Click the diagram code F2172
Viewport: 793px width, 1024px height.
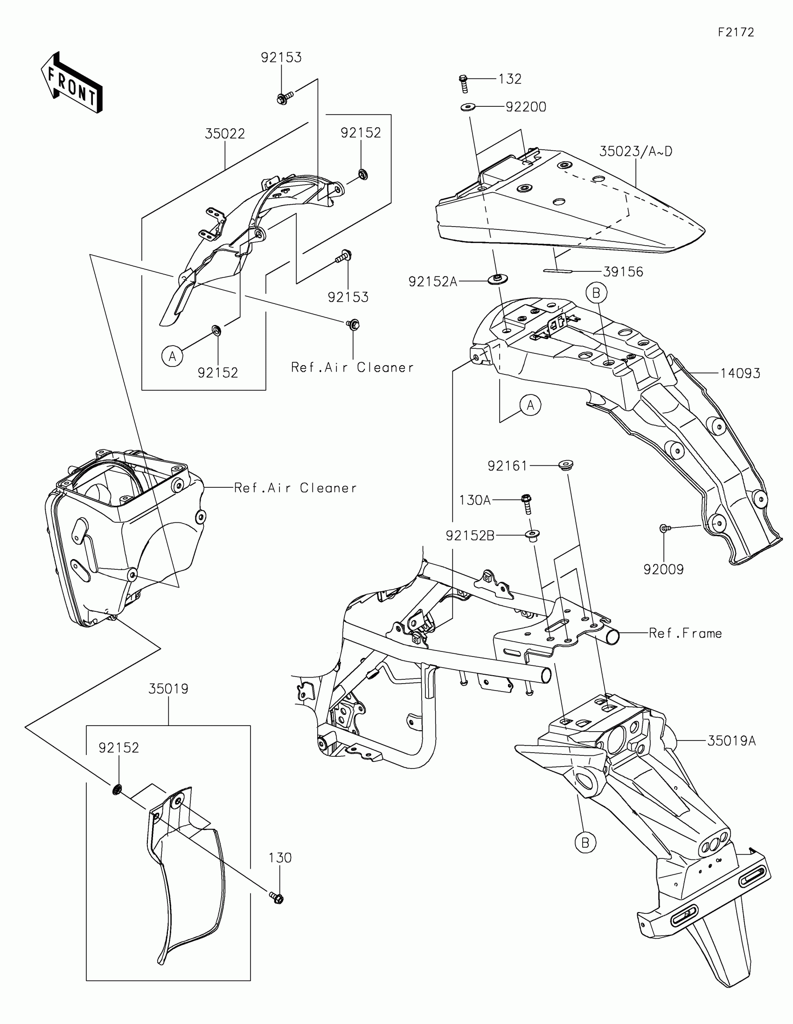736,32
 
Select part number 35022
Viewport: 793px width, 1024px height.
225,134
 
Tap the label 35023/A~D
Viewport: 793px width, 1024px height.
635,152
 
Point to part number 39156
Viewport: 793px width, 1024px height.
623,272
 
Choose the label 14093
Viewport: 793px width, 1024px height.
740,374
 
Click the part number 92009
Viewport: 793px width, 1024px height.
663,570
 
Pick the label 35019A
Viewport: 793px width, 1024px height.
731,741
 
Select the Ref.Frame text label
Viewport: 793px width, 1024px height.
685,633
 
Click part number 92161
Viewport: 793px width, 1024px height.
508,466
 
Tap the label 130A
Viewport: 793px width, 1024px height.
474,500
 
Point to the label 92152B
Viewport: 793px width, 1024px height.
470,535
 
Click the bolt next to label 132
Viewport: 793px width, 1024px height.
463,83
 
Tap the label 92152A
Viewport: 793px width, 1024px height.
432,281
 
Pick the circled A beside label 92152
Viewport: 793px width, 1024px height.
172,357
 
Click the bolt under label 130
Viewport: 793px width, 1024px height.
277,897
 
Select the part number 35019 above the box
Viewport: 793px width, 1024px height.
168,689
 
